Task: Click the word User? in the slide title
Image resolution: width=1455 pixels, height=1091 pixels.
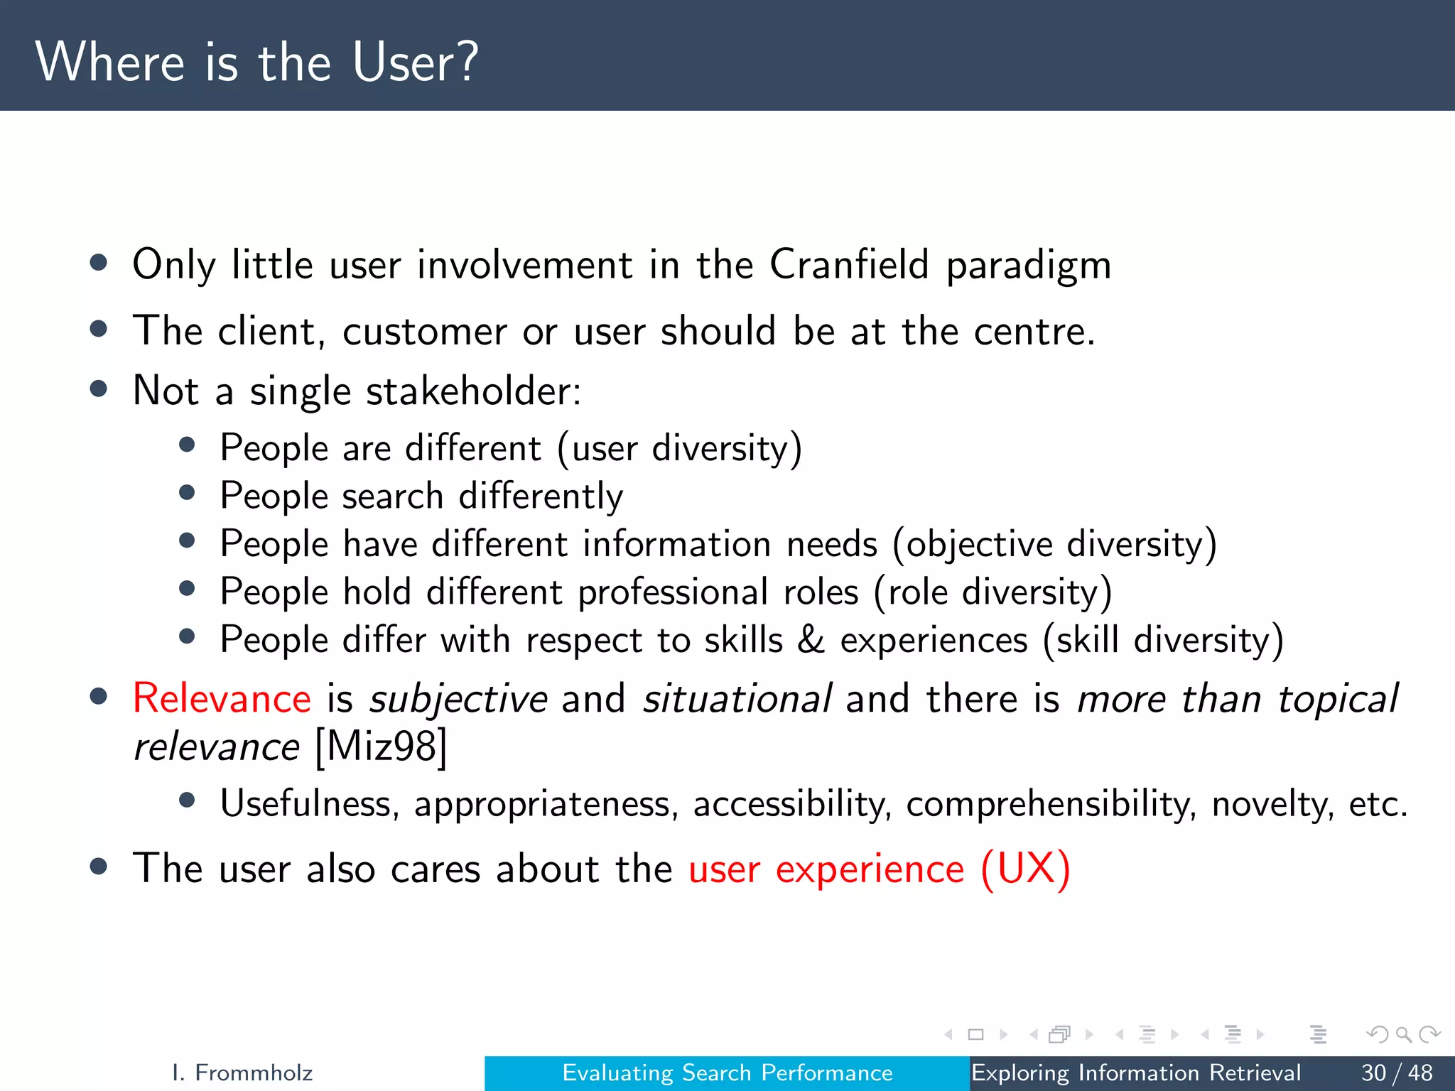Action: click(415, 63)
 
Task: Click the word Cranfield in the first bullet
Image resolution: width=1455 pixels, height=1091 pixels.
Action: click(849, 264)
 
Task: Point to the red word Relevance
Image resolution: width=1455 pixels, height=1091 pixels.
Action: click(222, 698)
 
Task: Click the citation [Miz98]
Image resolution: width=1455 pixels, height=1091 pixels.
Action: click(381, 747)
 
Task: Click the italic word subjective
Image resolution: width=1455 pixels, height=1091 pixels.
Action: click(458, 700)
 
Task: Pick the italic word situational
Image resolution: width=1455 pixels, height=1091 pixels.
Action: click(737, 698)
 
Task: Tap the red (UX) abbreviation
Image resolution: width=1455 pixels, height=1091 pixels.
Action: click(1025, 869)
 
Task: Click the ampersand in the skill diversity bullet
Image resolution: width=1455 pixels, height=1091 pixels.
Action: click(811, 639)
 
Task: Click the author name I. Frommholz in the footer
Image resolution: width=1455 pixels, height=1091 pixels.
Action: click(242, 1073)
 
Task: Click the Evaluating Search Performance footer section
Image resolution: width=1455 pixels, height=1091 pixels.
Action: click(727, 1073)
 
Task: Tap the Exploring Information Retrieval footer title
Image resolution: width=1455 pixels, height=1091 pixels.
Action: click(1135, 1073)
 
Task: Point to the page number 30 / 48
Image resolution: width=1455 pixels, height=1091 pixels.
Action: click(1397, 1073)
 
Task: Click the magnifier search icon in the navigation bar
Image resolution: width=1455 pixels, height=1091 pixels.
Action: click(1403, 1034)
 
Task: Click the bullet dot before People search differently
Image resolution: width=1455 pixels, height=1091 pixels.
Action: click(188, 493)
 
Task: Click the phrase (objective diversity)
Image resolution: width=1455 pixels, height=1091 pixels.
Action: click(1054, 544)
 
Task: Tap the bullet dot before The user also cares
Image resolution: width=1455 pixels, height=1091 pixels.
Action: click(99, 867)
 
